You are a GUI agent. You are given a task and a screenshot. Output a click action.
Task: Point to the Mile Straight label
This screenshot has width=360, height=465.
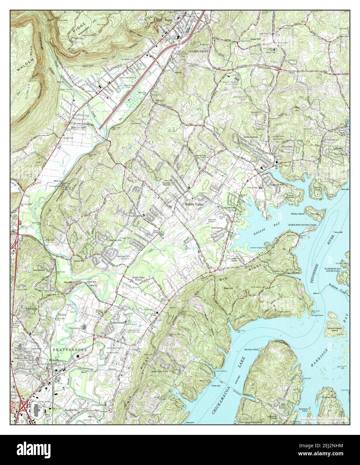point(78,127)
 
